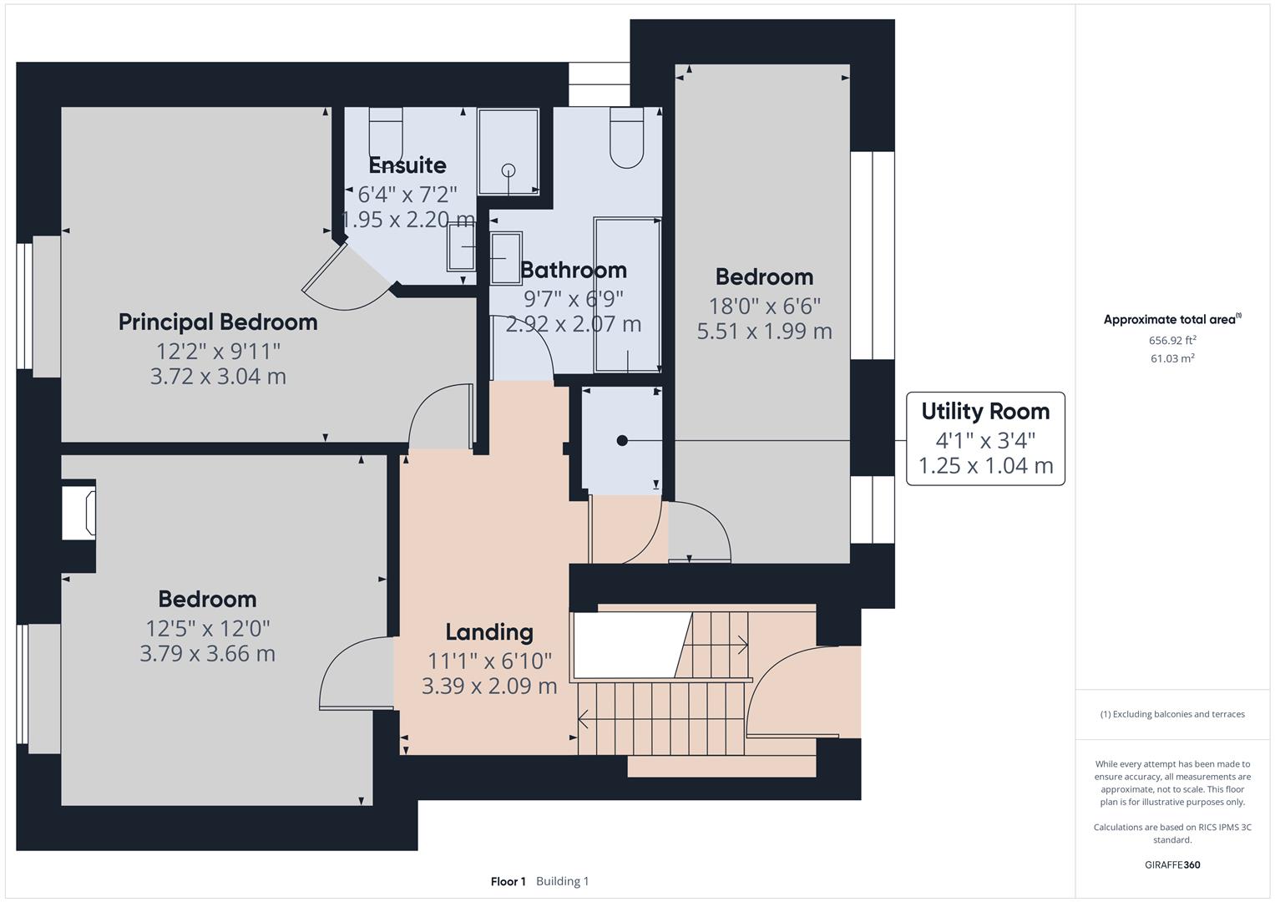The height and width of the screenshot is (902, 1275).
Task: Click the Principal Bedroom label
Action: pyautogui.click(x=218, y=322)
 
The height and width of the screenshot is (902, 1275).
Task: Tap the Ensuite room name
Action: pyautogui.click(x=407, y=165)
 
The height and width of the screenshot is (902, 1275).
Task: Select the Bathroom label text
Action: pyautogui.click(x=574, y=270)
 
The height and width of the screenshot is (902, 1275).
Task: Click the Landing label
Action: pyautogui.click(x=488, y=632)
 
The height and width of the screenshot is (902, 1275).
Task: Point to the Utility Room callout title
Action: pyautogui.click(x=985, y=411)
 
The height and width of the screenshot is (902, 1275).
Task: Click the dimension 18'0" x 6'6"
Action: pyautogui.click(x=764, y=306)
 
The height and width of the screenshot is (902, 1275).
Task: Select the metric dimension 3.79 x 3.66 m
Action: pyautogui.click(x=207, y=653)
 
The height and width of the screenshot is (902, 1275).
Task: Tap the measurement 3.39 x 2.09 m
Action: pyautogui.click(x=489, y=687)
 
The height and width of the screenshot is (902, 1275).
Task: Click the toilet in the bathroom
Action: pyautogui.click(x=627, y=139)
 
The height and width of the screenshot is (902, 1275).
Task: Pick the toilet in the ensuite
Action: pyautogui.click(x=386, y=134)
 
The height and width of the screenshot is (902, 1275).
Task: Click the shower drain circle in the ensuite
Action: pyautogui.click(x=508, y=170)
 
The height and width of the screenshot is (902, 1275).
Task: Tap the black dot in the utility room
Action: pyautogui.click(x=622, y=440)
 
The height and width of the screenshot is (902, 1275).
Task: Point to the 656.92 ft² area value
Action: pyautogui.click(x=1172, y=340)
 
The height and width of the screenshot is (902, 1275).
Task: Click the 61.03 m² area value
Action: pyautogui.click(x=1172, y=358)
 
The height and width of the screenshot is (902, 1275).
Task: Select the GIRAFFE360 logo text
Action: pyautogui.click(x=1172, y=864)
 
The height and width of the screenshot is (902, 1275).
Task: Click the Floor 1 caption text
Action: pyautogui.click(x=508, y=881)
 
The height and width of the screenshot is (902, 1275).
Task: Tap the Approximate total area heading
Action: pyautogui.click(x=1171, y=319)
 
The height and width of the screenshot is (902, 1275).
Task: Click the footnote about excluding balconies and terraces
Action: pyautogui.click(x=1172, y=714)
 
